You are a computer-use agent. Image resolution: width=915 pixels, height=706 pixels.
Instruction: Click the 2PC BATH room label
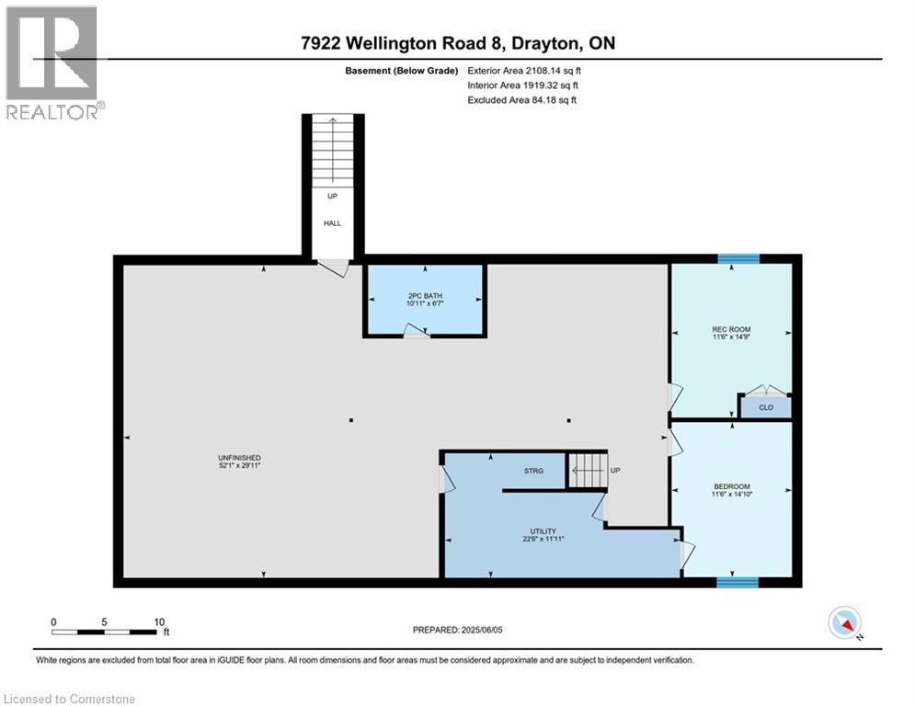point(426,296)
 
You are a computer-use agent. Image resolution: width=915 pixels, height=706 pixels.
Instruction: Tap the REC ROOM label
point(731,329)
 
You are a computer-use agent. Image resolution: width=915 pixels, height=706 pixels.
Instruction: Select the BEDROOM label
point(732,486)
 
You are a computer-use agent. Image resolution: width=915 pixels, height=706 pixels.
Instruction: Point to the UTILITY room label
point(543,531)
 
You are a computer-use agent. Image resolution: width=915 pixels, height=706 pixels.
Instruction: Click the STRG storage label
point(533,471)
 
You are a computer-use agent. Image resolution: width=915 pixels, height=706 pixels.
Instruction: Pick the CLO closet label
point(766,407)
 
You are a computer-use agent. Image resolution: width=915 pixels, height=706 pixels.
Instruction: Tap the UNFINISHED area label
point(239,458)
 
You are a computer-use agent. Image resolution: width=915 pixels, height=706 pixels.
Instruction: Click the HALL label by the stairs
point(332,222)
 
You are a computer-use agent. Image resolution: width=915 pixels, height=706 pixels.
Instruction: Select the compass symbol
point(845,622)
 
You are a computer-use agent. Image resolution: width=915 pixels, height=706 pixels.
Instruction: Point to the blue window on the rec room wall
point(738,259)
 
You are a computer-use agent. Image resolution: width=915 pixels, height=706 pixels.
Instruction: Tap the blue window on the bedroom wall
point(738,582)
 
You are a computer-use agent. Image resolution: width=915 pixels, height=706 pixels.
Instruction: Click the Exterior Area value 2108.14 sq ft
point(554,71)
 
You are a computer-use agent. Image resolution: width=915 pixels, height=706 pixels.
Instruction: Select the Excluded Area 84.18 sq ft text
point(521,100)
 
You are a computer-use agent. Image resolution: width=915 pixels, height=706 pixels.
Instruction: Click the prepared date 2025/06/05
point(482,630)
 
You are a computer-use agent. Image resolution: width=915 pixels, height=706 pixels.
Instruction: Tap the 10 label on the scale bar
point(159,622)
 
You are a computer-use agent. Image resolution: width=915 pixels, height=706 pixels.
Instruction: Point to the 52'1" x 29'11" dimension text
point(239,465)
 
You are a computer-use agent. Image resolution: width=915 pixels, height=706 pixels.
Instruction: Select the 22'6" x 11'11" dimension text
point(543,539)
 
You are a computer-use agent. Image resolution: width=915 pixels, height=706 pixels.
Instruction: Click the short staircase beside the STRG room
point(587,471)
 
